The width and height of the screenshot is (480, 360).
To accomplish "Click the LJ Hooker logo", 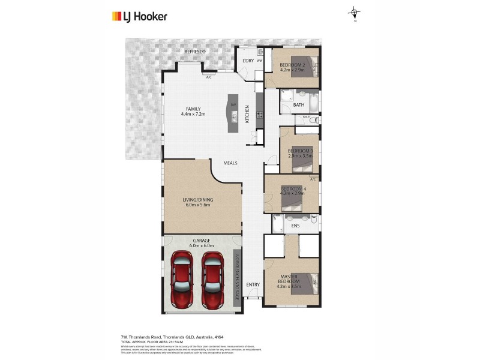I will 139,17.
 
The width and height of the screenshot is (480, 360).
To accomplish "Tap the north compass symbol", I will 355,13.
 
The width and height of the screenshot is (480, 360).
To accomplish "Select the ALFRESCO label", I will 194,52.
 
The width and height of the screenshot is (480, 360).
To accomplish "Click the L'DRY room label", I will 247,61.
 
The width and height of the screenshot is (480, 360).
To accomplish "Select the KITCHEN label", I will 247,115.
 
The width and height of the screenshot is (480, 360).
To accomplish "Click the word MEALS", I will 231,163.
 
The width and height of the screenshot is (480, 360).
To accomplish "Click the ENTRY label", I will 253,284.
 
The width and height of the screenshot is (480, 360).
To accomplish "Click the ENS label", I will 295,226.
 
